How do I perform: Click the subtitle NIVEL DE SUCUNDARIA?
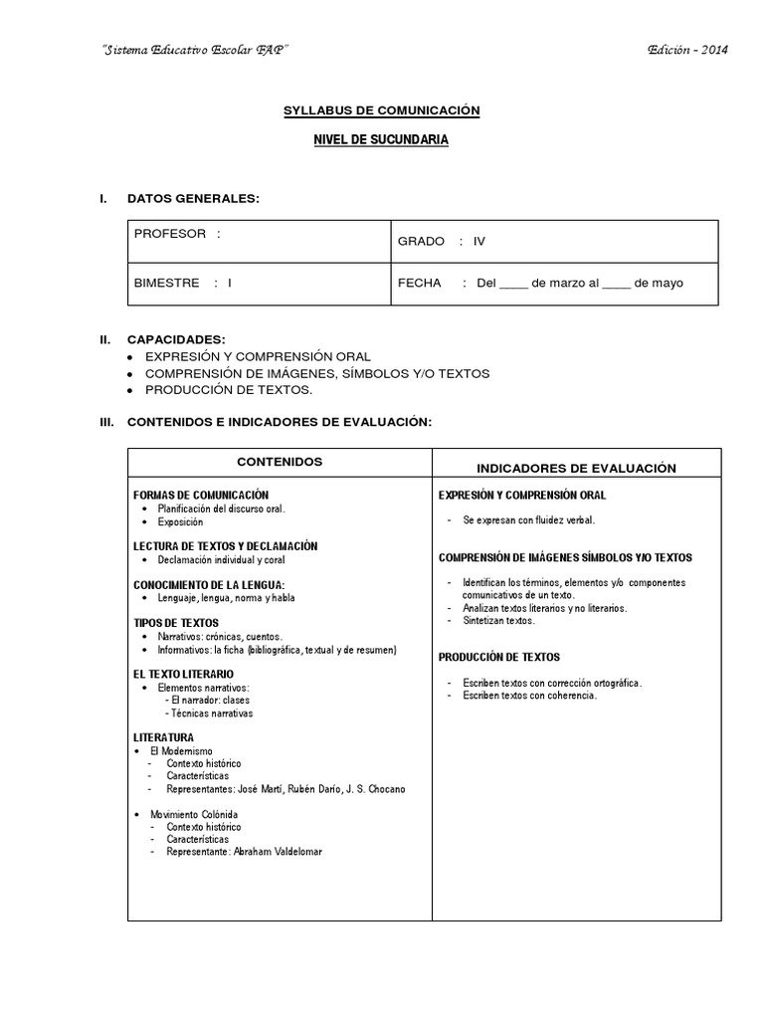pos(382,140)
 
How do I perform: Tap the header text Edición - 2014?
pos(687,51)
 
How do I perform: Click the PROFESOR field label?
pos(170,234)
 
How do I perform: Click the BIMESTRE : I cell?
pos(183,283)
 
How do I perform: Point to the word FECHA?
pos(419,283)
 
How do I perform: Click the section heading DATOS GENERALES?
pos(193,199)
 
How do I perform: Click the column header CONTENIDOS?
pos(280,463)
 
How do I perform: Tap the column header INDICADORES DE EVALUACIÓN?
pos(576,468)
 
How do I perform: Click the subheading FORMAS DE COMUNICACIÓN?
pos(201,495)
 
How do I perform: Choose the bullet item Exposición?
pos(179,521)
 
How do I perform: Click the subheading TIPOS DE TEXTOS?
pos(176,623)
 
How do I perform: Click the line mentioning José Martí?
pos(286,789)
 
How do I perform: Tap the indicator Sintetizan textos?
pos(498,621)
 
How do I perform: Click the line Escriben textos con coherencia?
pos(529,696)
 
